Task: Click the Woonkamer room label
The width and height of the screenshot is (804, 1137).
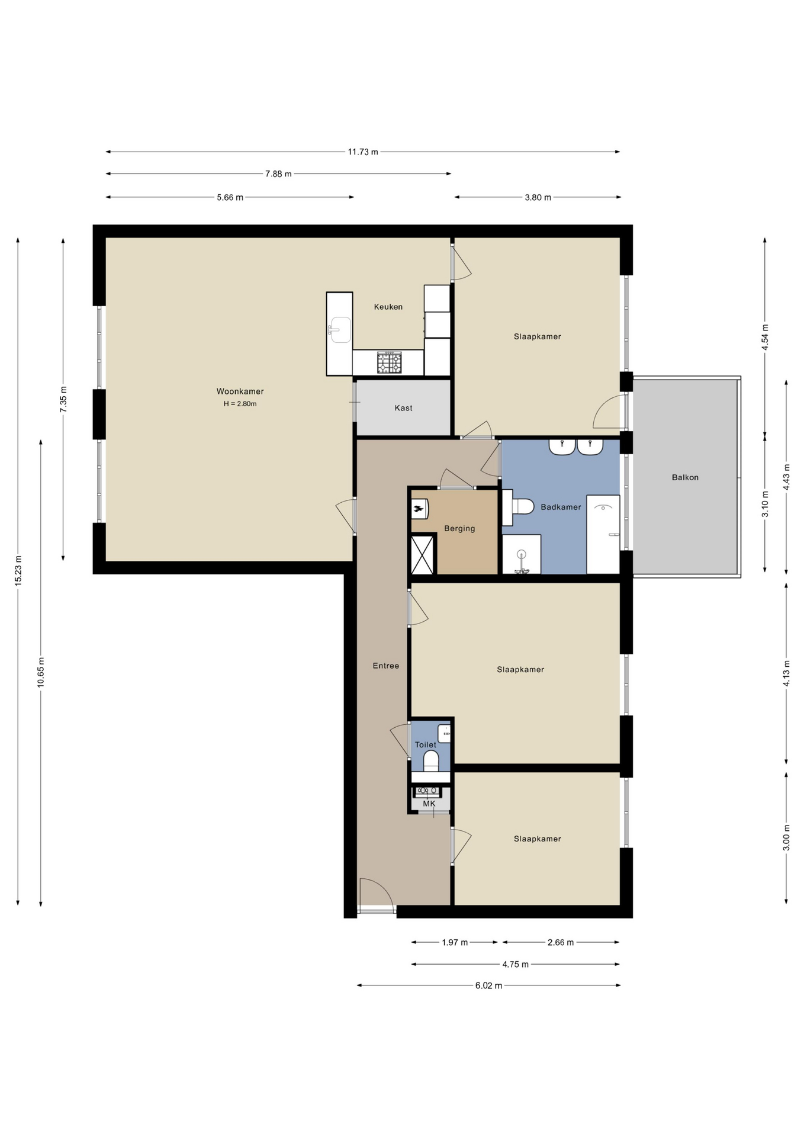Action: pyautogui.click(x=240, y=391)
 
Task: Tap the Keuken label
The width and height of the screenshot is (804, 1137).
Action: pyautogui.click(x=388, y=307)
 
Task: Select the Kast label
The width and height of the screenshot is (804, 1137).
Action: pyautogui.click(x=404, y=408)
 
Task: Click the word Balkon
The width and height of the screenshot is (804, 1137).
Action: pyautogui.click(x=685, y=477)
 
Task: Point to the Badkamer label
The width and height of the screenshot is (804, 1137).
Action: pyautogui.click(x=561, y=507)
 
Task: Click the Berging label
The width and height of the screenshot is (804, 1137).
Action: pyautogui.click(x=459, y=529)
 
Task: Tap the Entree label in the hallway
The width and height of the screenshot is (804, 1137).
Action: pyautogui.click(x=386, y=666)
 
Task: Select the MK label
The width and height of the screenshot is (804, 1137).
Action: pyautogui.click(x=429, y=804)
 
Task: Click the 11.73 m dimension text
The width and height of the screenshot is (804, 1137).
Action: pyautogui.click(x=363, y=152)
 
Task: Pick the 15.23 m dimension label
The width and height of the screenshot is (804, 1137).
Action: pyautogui.click(x=18, y=571)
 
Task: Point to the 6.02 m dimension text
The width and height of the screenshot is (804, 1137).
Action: pyautogui.click(x=488, y=985)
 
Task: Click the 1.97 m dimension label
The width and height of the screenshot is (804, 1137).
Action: pyautogui.click(x=455, y=942)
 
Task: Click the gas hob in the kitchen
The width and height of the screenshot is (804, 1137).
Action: pyautogui.click(x=389, y=362)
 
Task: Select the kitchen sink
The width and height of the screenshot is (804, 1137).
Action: pyautogui.click(x=340, y=330)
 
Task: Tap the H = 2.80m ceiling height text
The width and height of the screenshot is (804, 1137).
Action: pyautogui.click(x=240, y=404)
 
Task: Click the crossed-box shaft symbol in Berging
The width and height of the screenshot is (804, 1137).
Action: pyautogui.click(x=423, y=554)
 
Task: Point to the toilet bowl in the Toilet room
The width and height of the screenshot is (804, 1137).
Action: pyautogui.click(x=431, y=761)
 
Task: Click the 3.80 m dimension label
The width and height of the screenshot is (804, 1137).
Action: pyautogui.click(x=538, y=198)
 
